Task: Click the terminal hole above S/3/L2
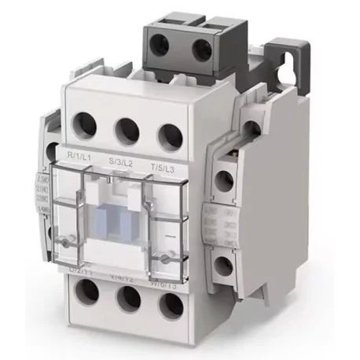pyautogui.click(x=126, y=127)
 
